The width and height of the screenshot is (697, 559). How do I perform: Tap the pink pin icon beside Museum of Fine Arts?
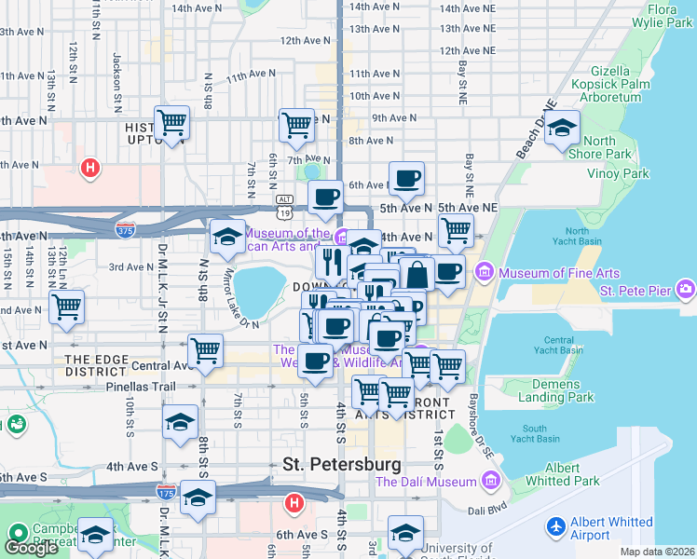pos(484,272)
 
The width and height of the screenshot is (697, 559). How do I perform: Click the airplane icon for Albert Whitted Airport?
pos(556,526)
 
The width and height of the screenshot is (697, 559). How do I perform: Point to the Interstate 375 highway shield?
pos(124,227)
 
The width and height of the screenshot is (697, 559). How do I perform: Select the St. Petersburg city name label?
pos(342,463)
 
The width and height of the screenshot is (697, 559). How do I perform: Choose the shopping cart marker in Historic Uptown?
pos(171,121)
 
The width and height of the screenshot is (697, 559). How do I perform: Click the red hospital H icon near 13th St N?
pos(89,169)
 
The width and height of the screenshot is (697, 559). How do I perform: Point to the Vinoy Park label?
pos(618,173)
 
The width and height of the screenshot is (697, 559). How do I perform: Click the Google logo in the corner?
pos(31,548)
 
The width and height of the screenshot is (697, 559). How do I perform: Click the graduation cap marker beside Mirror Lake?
pos(226,236)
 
